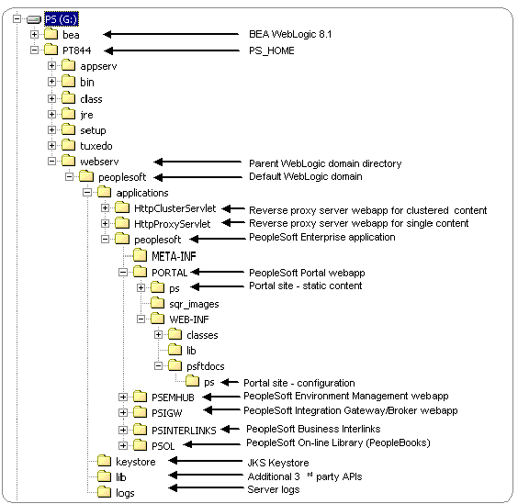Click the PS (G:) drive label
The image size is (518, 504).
tap(62, 19)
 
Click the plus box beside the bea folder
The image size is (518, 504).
tap(34, 34)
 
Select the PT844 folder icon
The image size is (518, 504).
tap(51, 50)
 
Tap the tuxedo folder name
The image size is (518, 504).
tap(96, 146)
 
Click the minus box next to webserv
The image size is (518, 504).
tap(51, 162)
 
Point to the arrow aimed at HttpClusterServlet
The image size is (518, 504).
tap(233, 208)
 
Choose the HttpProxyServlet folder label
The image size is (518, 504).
tap(172, 224)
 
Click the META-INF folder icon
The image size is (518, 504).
tap(141, 255)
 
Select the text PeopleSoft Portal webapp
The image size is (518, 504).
tap(307, 273)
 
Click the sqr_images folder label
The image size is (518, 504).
tap(194, 304)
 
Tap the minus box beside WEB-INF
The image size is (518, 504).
tap(141, 319)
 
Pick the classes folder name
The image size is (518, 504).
tap(202, 335)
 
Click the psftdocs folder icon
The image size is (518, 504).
tap(175, 365)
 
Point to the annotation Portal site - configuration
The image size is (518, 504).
tap(299, 383)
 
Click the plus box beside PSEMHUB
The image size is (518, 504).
tap(123, 397)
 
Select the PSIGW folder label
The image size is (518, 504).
tap(167, 413)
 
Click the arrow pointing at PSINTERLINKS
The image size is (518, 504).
tap(231, 429)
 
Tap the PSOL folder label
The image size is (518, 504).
tap(163, 446)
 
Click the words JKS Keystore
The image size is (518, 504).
tap(278, 463)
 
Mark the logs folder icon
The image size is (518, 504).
tap(105, 491)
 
